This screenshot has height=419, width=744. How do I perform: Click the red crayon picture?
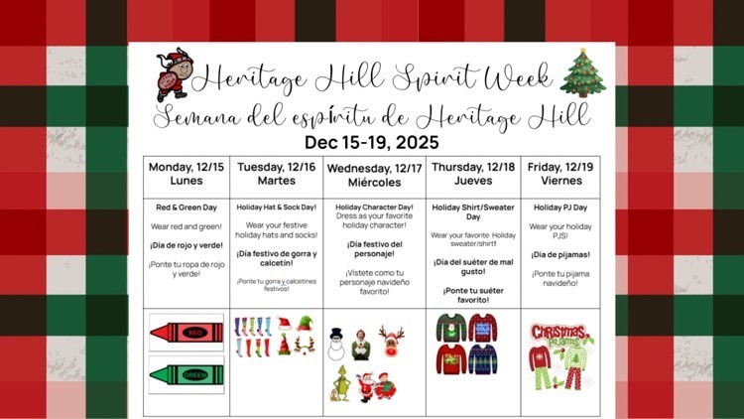[x=185, y=333]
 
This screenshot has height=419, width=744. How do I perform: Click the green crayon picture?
[x=185, y=374]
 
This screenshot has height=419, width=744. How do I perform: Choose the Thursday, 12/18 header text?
[x=472, y=166]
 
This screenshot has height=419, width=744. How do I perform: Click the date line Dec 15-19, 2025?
[x=372, y=142]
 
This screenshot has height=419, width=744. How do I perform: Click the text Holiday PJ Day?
[x=566, y=208]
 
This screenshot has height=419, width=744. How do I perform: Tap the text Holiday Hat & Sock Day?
[x=277, y=208]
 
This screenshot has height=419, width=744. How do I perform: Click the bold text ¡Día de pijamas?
[x=566, y=254]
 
